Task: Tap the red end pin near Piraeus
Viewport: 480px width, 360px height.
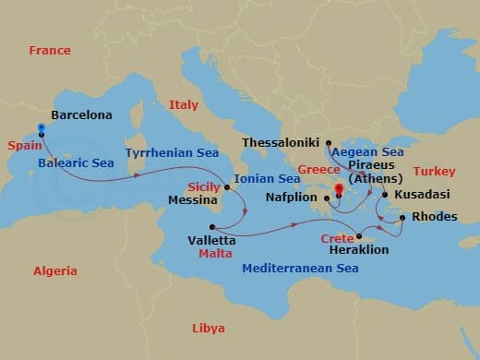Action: pos(339,190)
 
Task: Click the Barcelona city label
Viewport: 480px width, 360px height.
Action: pos(81,115)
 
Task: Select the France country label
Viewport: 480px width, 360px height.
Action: pos(50,50)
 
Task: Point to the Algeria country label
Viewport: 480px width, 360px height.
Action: pos(55,271)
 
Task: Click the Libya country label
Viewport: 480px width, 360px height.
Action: pos(208,328)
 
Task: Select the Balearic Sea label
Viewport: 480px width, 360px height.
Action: pos(76,163)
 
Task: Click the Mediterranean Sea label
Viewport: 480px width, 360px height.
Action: pos(299,269)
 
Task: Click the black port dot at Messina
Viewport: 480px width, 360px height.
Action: pos(227,187)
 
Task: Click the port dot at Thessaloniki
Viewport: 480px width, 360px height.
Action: pos(328,143)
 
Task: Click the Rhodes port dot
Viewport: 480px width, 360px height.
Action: pos(402,218)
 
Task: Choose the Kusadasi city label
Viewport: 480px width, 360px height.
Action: pos(423,196)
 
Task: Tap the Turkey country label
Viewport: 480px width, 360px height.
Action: pos(434,172)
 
